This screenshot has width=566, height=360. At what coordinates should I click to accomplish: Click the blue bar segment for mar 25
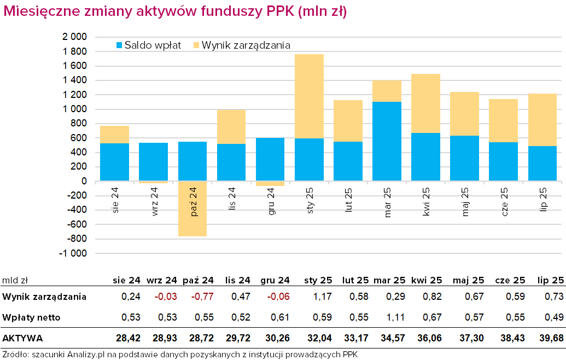387,141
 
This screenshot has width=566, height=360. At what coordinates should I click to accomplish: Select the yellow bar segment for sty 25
309,96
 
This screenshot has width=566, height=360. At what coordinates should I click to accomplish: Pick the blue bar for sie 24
114,162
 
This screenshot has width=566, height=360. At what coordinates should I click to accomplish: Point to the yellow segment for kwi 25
425,103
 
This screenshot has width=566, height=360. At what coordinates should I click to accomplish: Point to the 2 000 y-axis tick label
75,37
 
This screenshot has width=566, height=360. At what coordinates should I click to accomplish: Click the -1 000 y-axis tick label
73,254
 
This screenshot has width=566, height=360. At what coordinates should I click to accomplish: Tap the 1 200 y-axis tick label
75,95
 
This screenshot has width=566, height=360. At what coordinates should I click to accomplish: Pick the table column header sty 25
318,281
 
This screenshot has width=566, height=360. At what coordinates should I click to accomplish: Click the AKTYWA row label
22,338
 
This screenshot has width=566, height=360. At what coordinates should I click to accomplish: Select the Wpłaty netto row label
31,317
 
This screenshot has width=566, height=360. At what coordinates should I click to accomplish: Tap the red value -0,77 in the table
201,297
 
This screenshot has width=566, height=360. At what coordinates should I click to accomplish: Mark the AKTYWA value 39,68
551,338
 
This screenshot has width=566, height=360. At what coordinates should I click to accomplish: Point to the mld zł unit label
15,281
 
